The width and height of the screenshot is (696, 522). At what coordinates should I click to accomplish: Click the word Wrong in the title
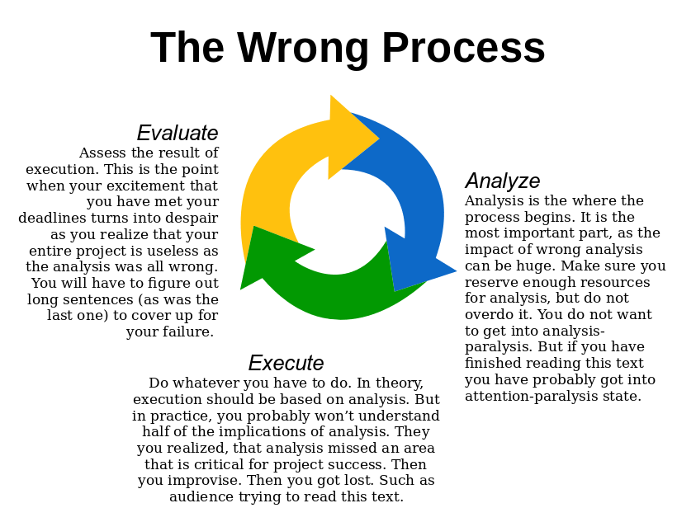pyautogui.click(x=303, y=49)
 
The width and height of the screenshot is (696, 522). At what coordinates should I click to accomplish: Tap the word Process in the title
pyautogui.click(x=463, y=48)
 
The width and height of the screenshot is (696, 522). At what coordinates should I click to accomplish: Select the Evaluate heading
pyautogui.click(x=178, y=133)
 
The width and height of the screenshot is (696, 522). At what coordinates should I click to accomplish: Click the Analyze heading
pyautogui.click(x=503, y=181)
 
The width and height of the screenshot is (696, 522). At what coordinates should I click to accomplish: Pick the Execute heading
pyautogui.click(x=286, y=363)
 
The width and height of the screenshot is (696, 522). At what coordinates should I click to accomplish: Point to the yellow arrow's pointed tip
pyautogui.click(x=379, y=139)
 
